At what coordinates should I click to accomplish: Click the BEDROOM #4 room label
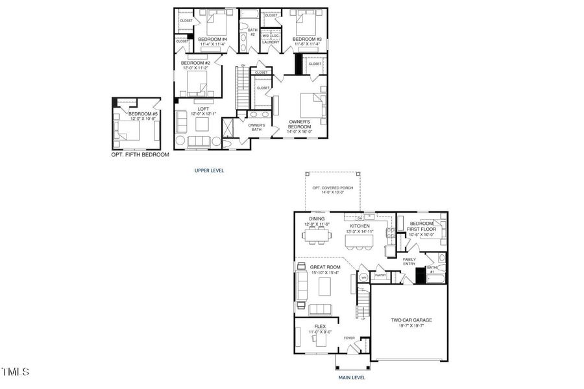pyautogui.click(x=212, y=40)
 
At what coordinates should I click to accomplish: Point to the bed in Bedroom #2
pyautogui.click(x=197, y=83)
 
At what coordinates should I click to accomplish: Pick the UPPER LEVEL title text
pyautogui.click(x=210, y=171)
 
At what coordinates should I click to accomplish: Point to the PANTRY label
pyautogui.click(x=381, y=276)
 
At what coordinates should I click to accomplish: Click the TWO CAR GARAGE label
pyautogui.click(x=411, y=320)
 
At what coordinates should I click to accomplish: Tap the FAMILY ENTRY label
pyautogui.click(x=409, y=262)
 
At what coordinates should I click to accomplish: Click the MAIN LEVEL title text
pyautogui.click(x=351, y=377)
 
